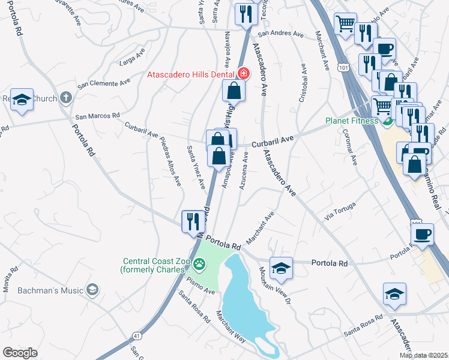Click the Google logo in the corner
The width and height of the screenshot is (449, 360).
pyautogui.click(x=20, y=353)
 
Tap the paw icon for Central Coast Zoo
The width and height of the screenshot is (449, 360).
pyautogui.click(x=199, y=263)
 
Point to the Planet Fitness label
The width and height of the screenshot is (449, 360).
pyautogui.click(x=351, y=121)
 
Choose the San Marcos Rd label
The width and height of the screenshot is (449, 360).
pyautogui.click(x=97, y=115)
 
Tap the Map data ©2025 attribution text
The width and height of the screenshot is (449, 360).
pyautogui.click(x=423, y=355)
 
